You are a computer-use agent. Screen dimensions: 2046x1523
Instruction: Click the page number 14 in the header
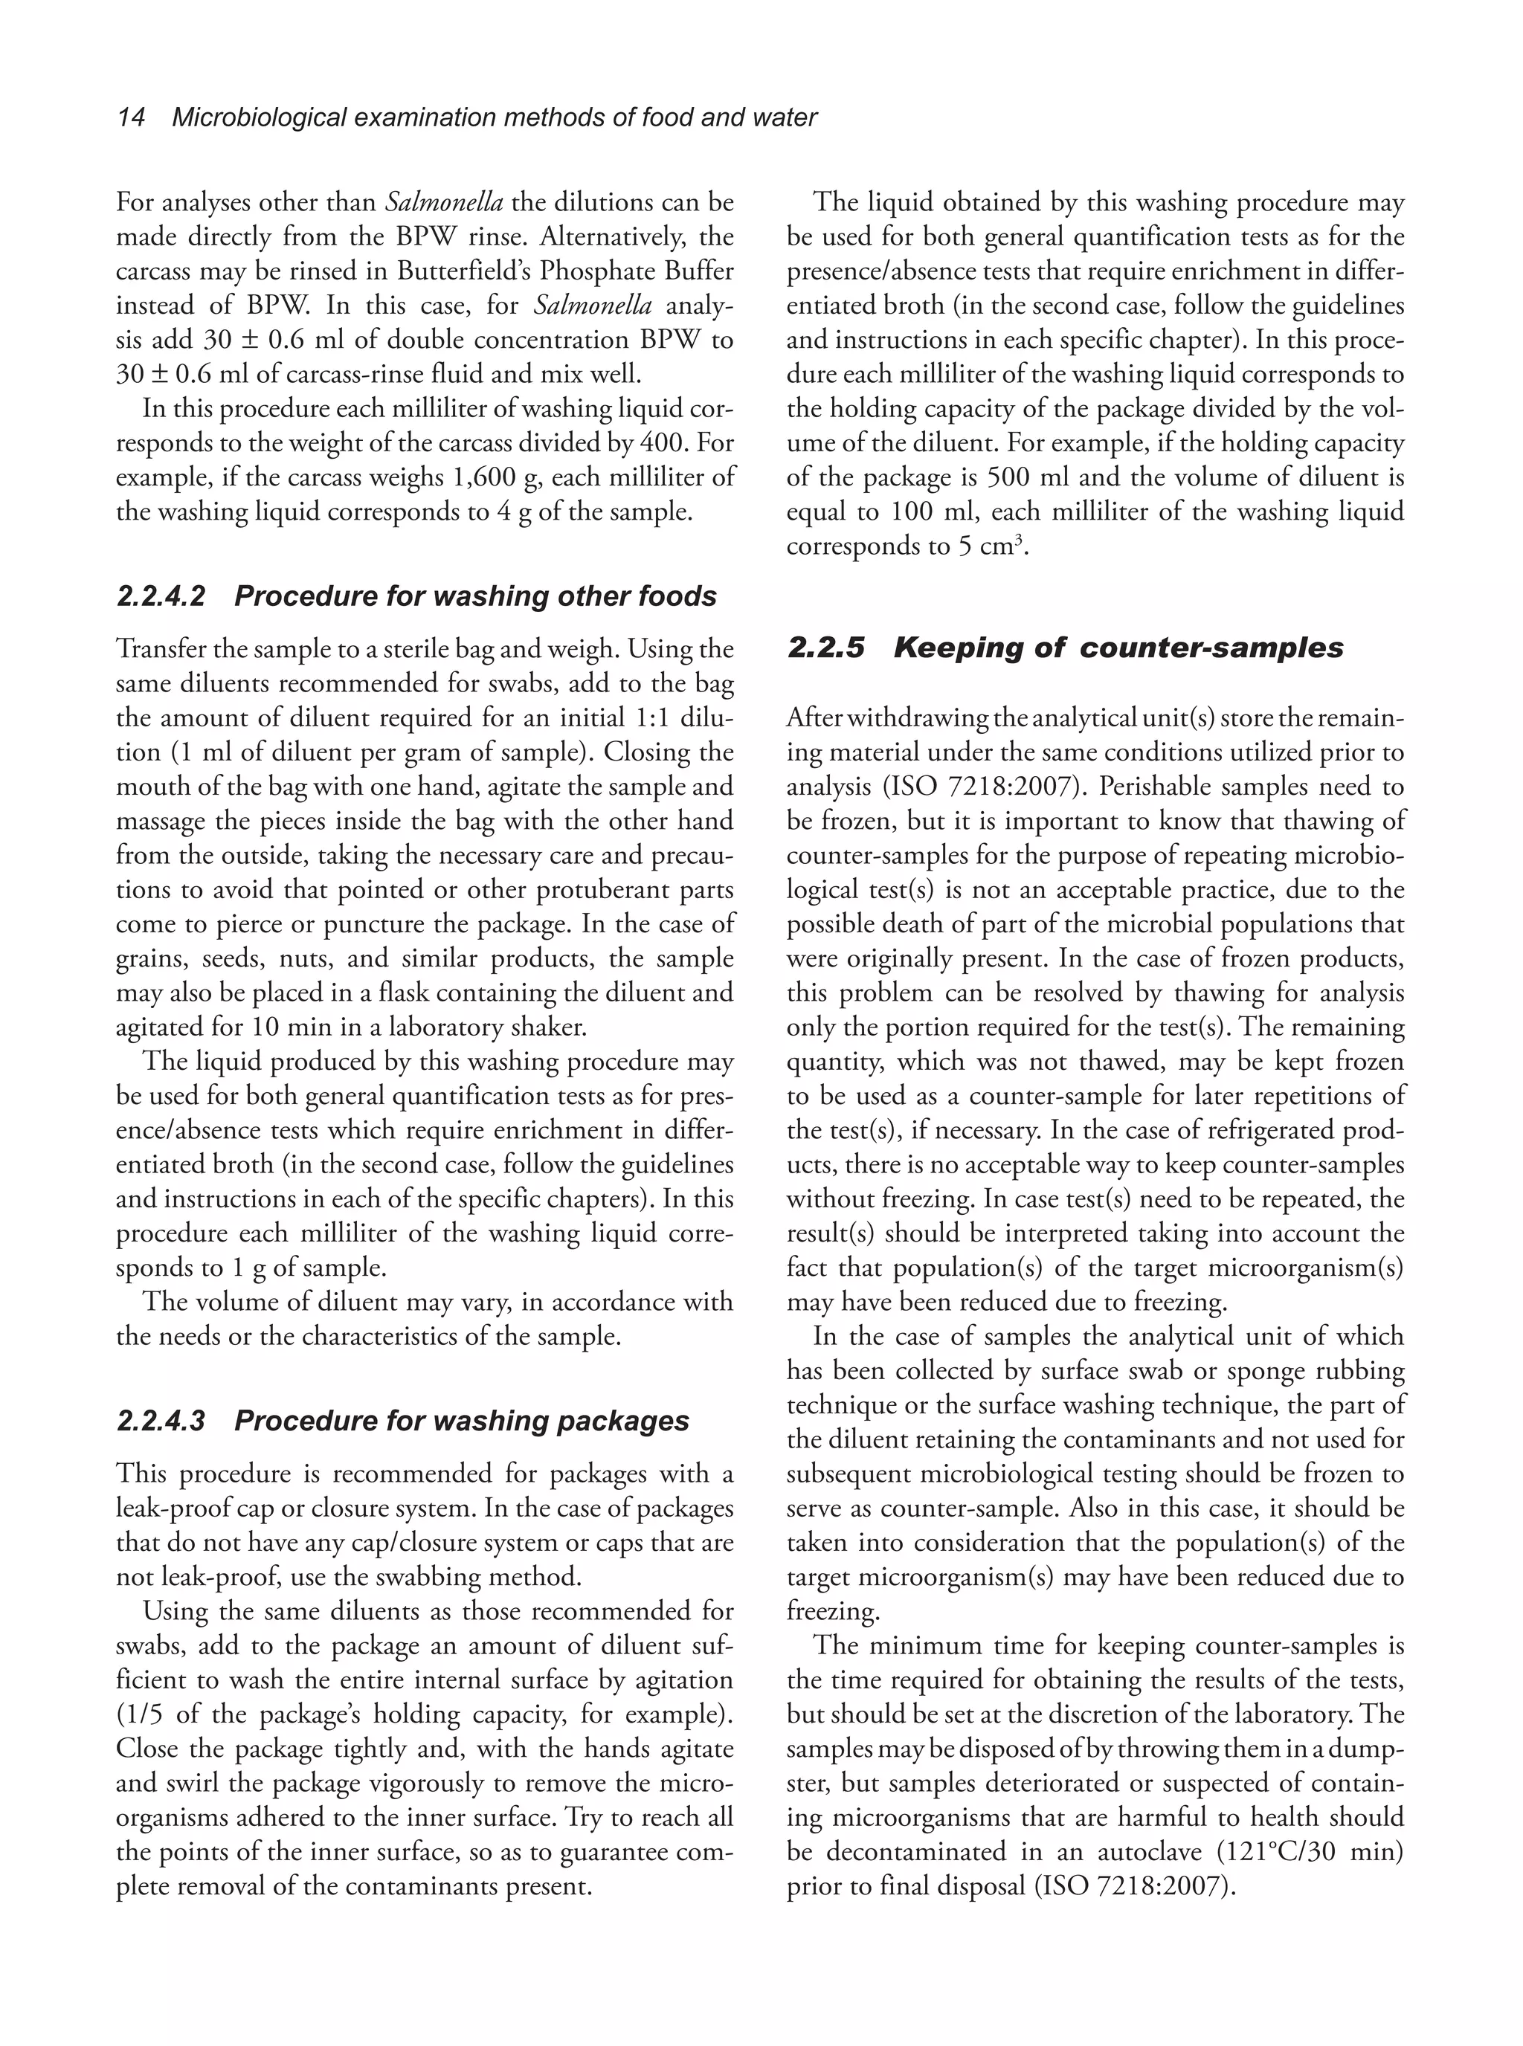(131, 118)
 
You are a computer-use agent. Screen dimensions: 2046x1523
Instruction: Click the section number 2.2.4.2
(161, 596)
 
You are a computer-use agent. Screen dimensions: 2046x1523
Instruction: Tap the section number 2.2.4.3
(161, 1421)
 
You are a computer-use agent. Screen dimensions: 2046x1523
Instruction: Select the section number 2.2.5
(826, 648)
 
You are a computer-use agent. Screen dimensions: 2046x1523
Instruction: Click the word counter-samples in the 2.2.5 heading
(1211, 648)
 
